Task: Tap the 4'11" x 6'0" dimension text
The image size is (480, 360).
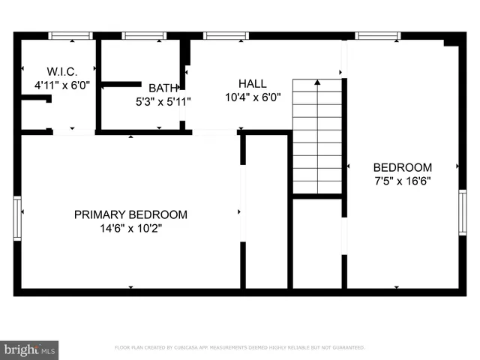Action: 62,85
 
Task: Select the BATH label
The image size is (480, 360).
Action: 163,88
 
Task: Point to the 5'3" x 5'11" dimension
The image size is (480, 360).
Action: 163,100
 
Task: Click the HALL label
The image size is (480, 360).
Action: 252,83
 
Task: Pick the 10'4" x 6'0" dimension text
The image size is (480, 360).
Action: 252,97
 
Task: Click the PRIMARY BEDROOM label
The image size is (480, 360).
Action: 130,214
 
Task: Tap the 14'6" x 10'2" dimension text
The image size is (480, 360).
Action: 130,228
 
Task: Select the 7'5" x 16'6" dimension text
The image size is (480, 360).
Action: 402,181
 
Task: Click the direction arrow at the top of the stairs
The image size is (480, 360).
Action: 317,82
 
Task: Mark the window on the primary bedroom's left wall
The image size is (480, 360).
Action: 17,217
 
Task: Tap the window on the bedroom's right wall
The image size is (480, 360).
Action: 462,213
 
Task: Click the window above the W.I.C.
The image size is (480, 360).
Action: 70,35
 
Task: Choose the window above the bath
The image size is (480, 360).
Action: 144,35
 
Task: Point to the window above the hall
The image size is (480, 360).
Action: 226,35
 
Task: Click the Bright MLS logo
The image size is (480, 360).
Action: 29,349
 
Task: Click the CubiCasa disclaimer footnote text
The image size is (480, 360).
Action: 239,347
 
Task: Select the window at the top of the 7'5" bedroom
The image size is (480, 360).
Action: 377,35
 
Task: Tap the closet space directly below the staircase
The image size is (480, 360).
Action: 317,242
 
